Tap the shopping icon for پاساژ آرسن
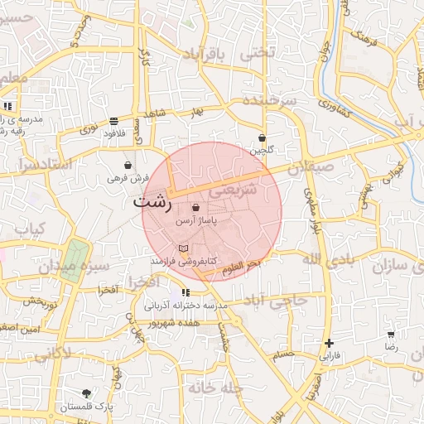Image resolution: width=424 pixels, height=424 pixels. point(195,207)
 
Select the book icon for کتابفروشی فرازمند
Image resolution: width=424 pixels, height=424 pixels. point(183,248)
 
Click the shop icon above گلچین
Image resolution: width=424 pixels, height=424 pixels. point(262,138)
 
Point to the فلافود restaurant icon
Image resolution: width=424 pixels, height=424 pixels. point(112,122)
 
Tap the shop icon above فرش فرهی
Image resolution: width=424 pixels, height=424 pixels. point(128,165)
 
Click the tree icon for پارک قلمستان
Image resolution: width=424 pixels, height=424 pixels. point(86,393)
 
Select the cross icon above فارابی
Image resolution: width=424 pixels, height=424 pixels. point(330,342)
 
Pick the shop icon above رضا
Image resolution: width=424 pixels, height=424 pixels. point(390,335)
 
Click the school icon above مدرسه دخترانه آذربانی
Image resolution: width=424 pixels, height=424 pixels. point(185,292)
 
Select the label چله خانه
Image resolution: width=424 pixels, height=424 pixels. point(214,387)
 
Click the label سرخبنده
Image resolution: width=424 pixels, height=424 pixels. point(268,100)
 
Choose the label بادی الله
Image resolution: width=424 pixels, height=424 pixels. point(330,261)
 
